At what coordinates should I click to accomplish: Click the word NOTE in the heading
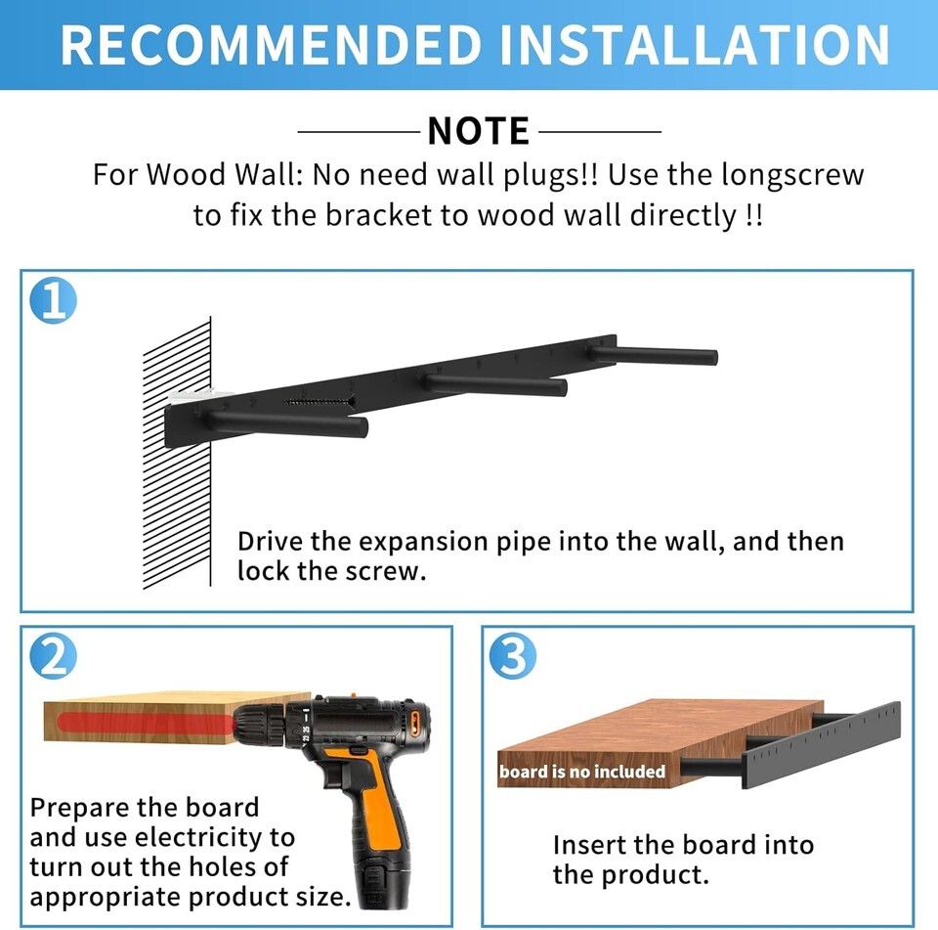pos(479,130)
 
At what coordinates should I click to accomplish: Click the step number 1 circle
pos(53,300)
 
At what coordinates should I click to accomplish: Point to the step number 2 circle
pos(53,656)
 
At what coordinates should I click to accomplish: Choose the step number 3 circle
pos(513,656)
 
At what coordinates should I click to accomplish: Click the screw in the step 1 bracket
pos(319,402)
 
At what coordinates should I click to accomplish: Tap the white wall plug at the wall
pos(192,395)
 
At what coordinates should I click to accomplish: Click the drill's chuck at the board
pos(257,724)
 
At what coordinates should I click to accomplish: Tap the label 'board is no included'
pos(582,772)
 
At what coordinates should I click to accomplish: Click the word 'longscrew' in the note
pos(792,175)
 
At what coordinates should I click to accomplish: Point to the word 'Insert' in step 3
pos(588,845)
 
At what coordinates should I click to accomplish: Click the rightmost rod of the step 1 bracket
pos(654,355)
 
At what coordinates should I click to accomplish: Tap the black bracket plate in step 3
pos(821,745)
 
